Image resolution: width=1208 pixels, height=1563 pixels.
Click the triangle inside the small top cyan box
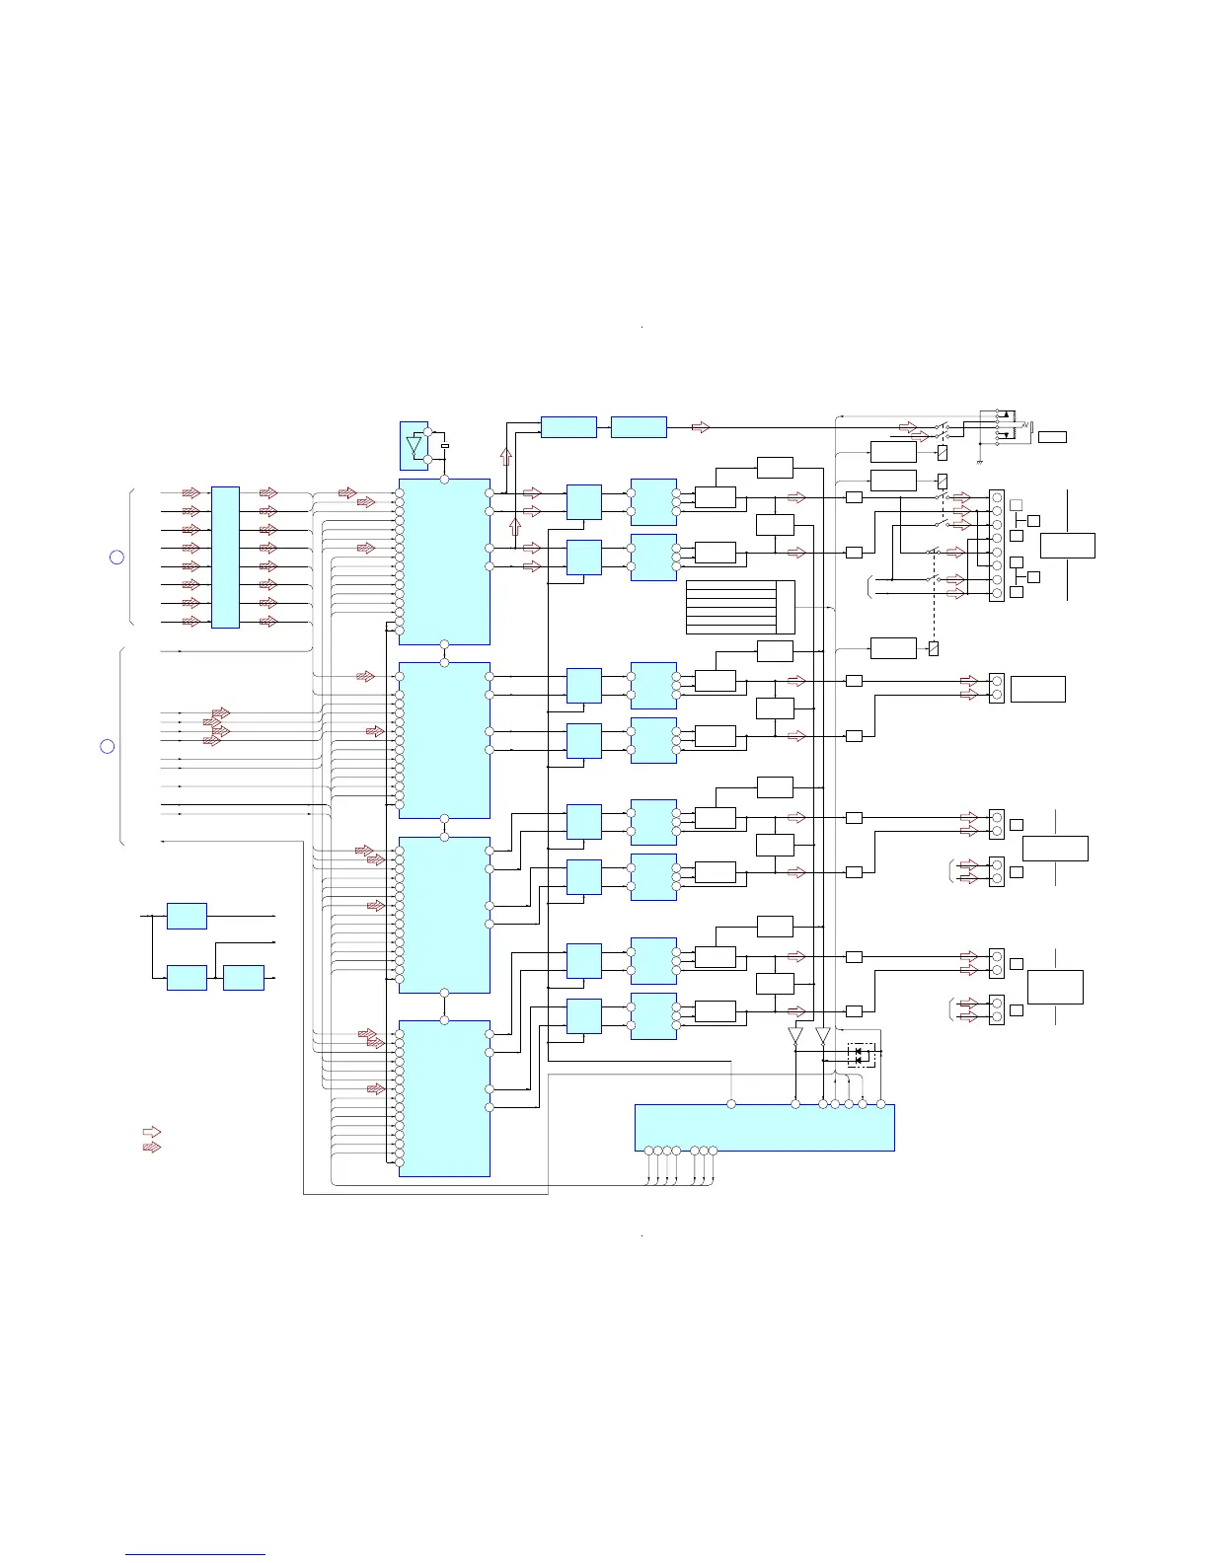[415, 445]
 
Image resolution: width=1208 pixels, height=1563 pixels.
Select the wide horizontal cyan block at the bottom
[764, 1127]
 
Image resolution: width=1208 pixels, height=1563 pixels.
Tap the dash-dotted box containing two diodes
[862, 1055]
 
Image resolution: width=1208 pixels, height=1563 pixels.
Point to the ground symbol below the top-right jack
[979, 461]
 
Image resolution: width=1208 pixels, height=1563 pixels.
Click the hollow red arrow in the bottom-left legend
[152, 1132]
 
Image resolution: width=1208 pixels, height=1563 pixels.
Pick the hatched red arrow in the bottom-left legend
[152, 1147]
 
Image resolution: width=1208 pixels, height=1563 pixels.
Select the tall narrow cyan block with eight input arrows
[225, 557]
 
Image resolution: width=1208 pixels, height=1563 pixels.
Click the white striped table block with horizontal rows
[740, 608]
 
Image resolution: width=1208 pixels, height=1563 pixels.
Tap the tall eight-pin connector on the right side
[997, 546]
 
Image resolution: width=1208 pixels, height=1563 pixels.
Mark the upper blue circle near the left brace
[116, 557]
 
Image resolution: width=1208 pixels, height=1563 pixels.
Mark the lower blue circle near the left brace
[108, 746]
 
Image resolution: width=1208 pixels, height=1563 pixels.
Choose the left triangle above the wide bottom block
[795, 1037]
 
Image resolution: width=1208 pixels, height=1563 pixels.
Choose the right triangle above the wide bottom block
[822, 1037]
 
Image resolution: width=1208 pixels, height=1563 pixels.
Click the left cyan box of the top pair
[568, 427]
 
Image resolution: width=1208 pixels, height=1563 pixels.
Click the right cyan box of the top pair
[639, 427]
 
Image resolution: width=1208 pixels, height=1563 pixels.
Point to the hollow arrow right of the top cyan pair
[701, 427]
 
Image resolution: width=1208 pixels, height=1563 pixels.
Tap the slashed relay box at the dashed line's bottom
[934, 648]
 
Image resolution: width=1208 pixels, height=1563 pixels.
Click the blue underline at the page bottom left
[195, 1555]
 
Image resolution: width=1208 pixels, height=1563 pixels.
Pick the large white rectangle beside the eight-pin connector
[1068, 546]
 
